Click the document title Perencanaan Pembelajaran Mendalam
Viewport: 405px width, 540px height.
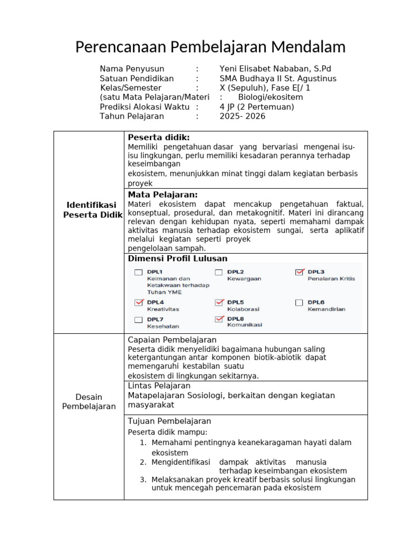pyautogui.click(x=210, y=47)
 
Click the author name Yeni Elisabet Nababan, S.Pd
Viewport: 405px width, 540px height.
pyautogui.click(x=275, y=69)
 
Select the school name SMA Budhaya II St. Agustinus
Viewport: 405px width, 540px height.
pyautogui.click(x=278, y=79)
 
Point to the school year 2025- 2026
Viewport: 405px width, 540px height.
pyautogui.click(x=243, y=117)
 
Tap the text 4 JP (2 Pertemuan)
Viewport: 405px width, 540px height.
pyautogui.click(x=257, y=107)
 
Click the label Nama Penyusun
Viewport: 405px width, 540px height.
pyautogui.click(x=132, y=69)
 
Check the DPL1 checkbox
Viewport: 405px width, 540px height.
pyautogui.click(x=139, y=273)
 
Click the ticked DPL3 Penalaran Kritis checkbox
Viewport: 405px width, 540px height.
pyautogui.click(x=300, y=272)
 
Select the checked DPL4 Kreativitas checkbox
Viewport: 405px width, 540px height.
pyautogui.click(x=139, y=303)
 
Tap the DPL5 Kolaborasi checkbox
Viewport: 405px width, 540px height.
pyautogui.click(x=219, y=303)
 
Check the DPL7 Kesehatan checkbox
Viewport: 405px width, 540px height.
pyautogui.click(x=139, y=320)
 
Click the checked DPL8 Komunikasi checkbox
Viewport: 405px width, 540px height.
pyautogui.click(x=219, y=320)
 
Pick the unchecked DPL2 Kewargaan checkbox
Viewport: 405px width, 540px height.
pyautogui.click(x=219, y=273)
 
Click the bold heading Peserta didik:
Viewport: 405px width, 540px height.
pyautogui.click(x=159, y=138)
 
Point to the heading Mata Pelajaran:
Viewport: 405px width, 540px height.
pyautogui.click(x=163, y=195)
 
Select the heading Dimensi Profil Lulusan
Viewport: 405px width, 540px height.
pyautogui.click(x=178, y=258)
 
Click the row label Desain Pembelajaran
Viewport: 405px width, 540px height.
pyautogui.click(x=89, y=401)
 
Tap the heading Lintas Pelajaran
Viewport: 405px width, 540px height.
pyautogui.click(x=159, y=386)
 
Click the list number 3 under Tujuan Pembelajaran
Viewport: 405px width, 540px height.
pyautogui.click(x=143, y=480)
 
